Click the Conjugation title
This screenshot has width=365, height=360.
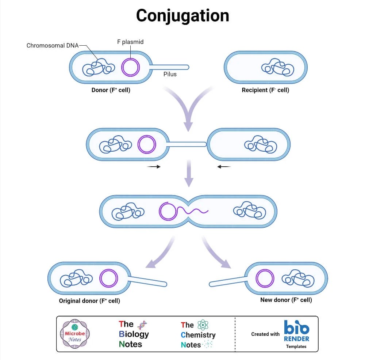coord(182,16)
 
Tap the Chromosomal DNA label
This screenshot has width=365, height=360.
coord(53,46)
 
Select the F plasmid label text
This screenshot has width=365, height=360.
coord(130,42)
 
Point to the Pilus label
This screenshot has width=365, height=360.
coord(170,74)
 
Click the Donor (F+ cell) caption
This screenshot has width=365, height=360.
coord(111,90)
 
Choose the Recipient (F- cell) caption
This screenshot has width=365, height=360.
coord(265,90)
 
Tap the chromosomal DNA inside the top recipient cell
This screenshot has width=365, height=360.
coord(278,68)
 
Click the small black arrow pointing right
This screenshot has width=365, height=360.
coord(153,167)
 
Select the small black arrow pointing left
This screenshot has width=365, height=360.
coord(224,167)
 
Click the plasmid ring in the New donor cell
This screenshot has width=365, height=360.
coord(265,278)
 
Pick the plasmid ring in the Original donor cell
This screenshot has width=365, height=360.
coord(108,278)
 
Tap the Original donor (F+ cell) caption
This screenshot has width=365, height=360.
coord(89,301)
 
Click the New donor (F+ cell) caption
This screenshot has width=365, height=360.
coord(286,300)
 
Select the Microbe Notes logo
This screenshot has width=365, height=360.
coord(75,334)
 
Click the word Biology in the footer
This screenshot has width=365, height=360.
coord(134,334)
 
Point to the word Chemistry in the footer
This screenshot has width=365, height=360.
coord(198,335)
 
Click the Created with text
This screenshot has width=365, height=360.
coord(265,334)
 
